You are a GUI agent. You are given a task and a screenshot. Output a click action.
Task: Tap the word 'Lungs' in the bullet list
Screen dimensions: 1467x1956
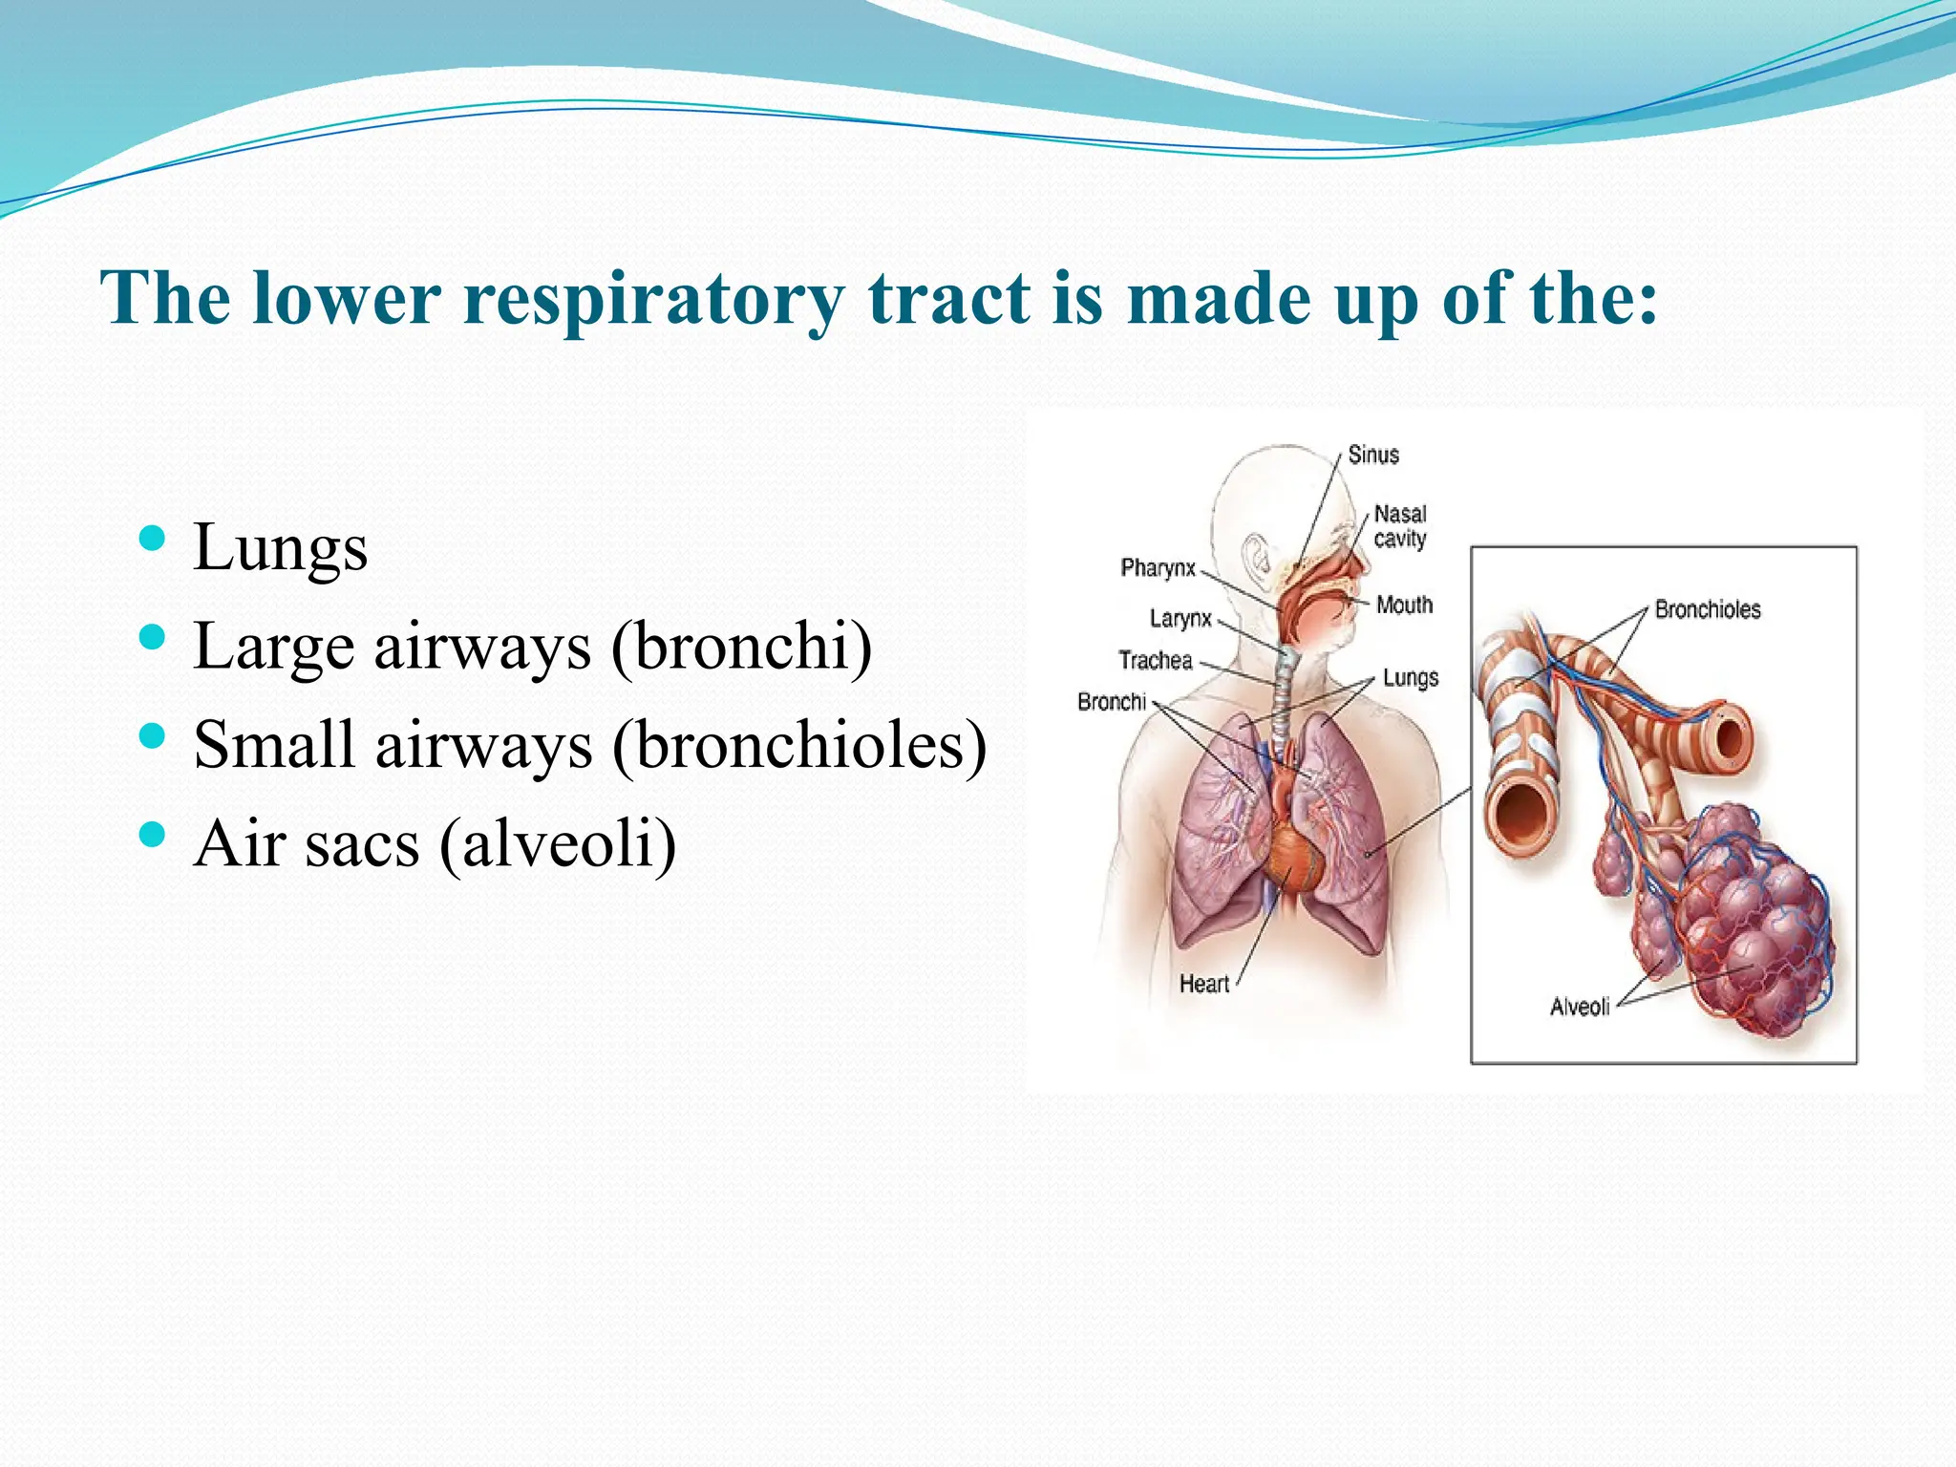point(280,547)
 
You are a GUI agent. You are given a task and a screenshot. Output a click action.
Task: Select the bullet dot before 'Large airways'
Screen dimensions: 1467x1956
point(152,637)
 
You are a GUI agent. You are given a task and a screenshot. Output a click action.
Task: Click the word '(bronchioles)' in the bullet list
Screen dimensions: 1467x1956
point(798,745)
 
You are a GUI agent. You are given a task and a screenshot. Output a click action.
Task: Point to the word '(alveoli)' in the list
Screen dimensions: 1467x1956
point(558,843)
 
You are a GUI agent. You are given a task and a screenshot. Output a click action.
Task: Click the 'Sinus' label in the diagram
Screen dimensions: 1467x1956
point(1372,455)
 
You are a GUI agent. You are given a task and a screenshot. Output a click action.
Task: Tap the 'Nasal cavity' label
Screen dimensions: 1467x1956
point(1399,526)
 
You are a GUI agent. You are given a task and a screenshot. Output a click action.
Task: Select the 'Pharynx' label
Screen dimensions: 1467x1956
point(1158,567)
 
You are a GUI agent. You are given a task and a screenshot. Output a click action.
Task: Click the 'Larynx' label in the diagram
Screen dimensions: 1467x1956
point(1180,618)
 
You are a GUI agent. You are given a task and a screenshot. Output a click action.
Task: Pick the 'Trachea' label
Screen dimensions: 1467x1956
point(1156,660)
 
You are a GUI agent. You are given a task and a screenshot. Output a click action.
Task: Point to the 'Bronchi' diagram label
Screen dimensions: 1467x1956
point(1111,702)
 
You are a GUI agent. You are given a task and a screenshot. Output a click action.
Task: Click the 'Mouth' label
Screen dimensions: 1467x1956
point(1404,605)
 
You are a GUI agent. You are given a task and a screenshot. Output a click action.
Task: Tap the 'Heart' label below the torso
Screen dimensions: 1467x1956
point(1203,984)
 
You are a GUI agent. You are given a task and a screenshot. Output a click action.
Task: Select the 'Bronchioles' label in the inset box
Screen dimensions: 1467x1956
point(1707,609)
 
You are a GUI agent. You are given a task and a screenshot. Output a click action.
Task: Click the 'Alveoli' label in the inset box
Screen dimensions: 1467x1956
point(1579,1007)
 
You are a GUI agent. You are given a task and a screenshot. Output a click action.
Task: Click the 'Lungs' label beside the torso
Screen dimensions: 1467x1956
point(1410,678)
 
